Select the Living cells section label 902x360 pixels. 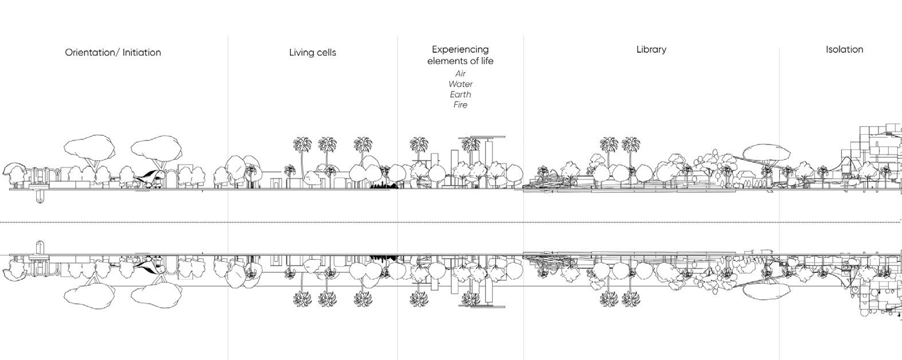coord(312,53)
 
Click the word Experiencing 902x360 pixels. coord(460,50)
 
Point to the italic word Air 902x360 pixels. coord(460,73)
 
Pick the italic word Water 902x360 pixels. coord(460,84)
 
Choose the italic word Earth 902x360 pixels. coord(460,95)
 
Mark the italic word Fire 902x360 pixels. coord(460,105)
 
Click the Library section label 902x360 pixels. coord(651,50)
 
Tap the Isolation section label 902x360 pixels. coord(844,50)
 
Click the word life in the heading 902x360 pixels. coord(485,61)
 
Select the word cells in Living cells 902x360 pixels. coord(325,53)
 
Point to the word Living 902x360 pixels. coord(301,53)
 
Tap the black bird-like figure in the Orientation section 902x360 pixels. coord(147,174)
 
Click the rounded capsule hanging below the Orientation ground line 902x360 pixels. coord(39,197)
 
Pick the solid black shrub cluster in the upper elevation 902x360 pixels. coord(383,185)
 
